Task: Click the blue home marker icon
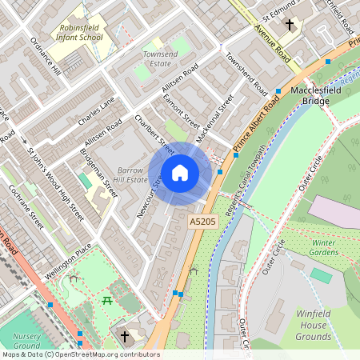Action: (x=179, y=173)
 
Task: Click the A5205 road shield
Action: (x=202, y=220)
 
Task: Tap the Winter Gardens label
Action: (x=324, y=247)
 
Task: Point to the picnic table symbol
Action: (x=106, y=300)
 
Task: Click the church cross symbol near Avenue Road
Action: (x=289, y=25)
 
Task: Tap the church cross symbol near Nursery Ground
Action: (x=123, y=336)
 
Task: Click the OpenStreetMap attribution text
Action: (x=80, y=354)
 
